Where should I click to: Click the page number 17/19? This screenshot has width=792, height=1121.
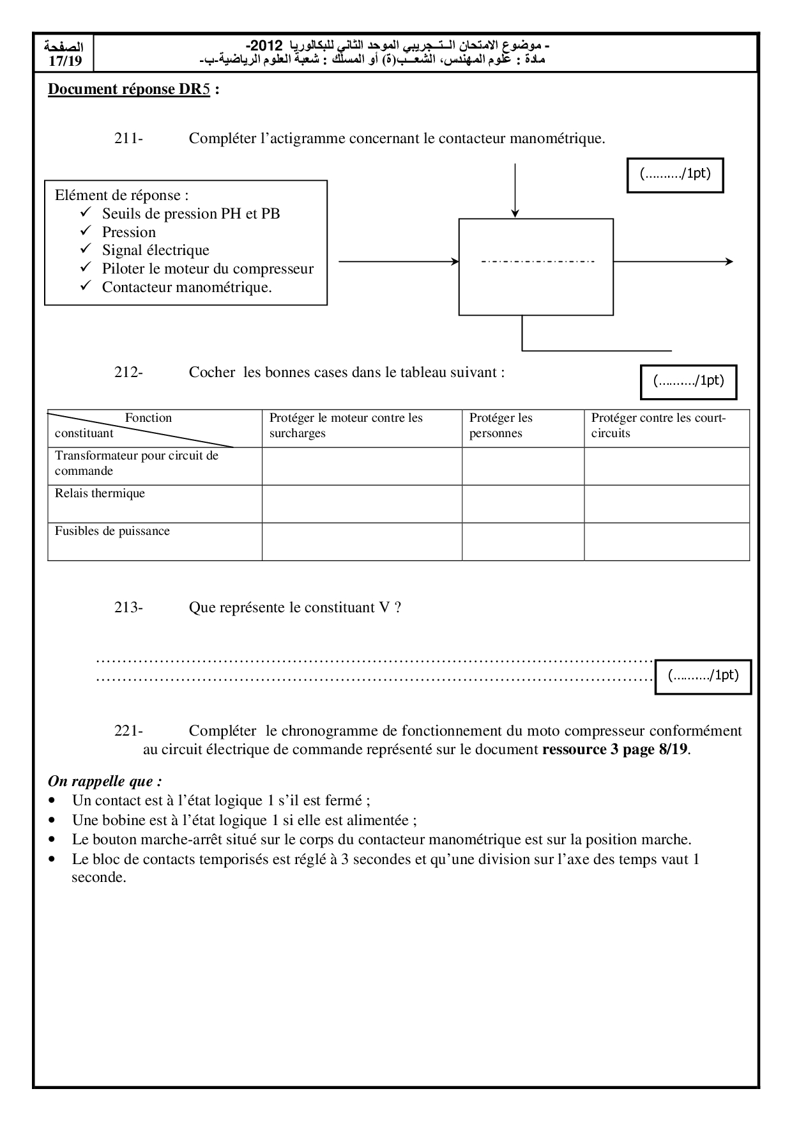coord(66,61)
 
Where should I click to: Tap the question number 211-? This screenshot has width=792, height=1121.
coord(128,139)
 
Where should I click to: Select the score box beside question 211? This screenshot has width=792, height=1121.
coord(675,174)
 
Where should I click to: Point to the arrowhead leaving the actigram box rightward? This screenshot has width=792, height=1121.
coord(729,261)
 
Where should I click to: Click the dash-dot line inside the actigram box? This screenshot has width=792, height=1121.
coord(537,261)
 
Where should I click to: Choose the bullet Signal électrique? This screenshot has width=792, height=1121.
coord(155,250)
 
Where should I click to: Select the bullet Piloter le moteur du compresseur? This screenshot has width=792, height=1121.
coord(208,268)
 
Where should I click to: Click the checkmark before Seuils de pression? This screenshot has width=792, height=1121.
coord(88,213)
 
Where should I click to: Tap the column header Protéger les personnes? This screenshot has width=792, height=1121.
coord(501,426)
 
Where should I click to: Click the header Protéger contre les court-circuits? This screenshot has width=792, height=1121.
coord(658,426)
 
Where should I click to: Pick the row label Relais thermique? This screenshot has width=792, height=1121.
coord(100,493)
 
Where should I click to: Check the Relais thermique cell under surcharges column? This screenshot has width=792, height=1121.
coord(362,504)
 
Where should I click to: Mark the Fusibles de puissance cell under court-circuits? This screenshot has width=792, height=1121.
coord(666,541)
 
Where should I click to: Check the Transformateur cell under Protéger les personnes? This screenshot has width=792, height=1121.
coord(522,466)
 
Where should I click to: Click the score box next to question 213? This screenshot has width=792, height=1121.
coord(703,676)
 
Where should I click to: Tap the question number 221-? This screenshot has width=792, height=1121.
coord(128,731)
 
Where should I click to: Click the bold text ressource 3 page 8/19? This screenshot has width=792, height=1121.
coord(614,749)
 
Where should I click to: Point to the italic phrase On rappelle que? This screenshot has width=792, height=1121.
coord(105,781)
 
